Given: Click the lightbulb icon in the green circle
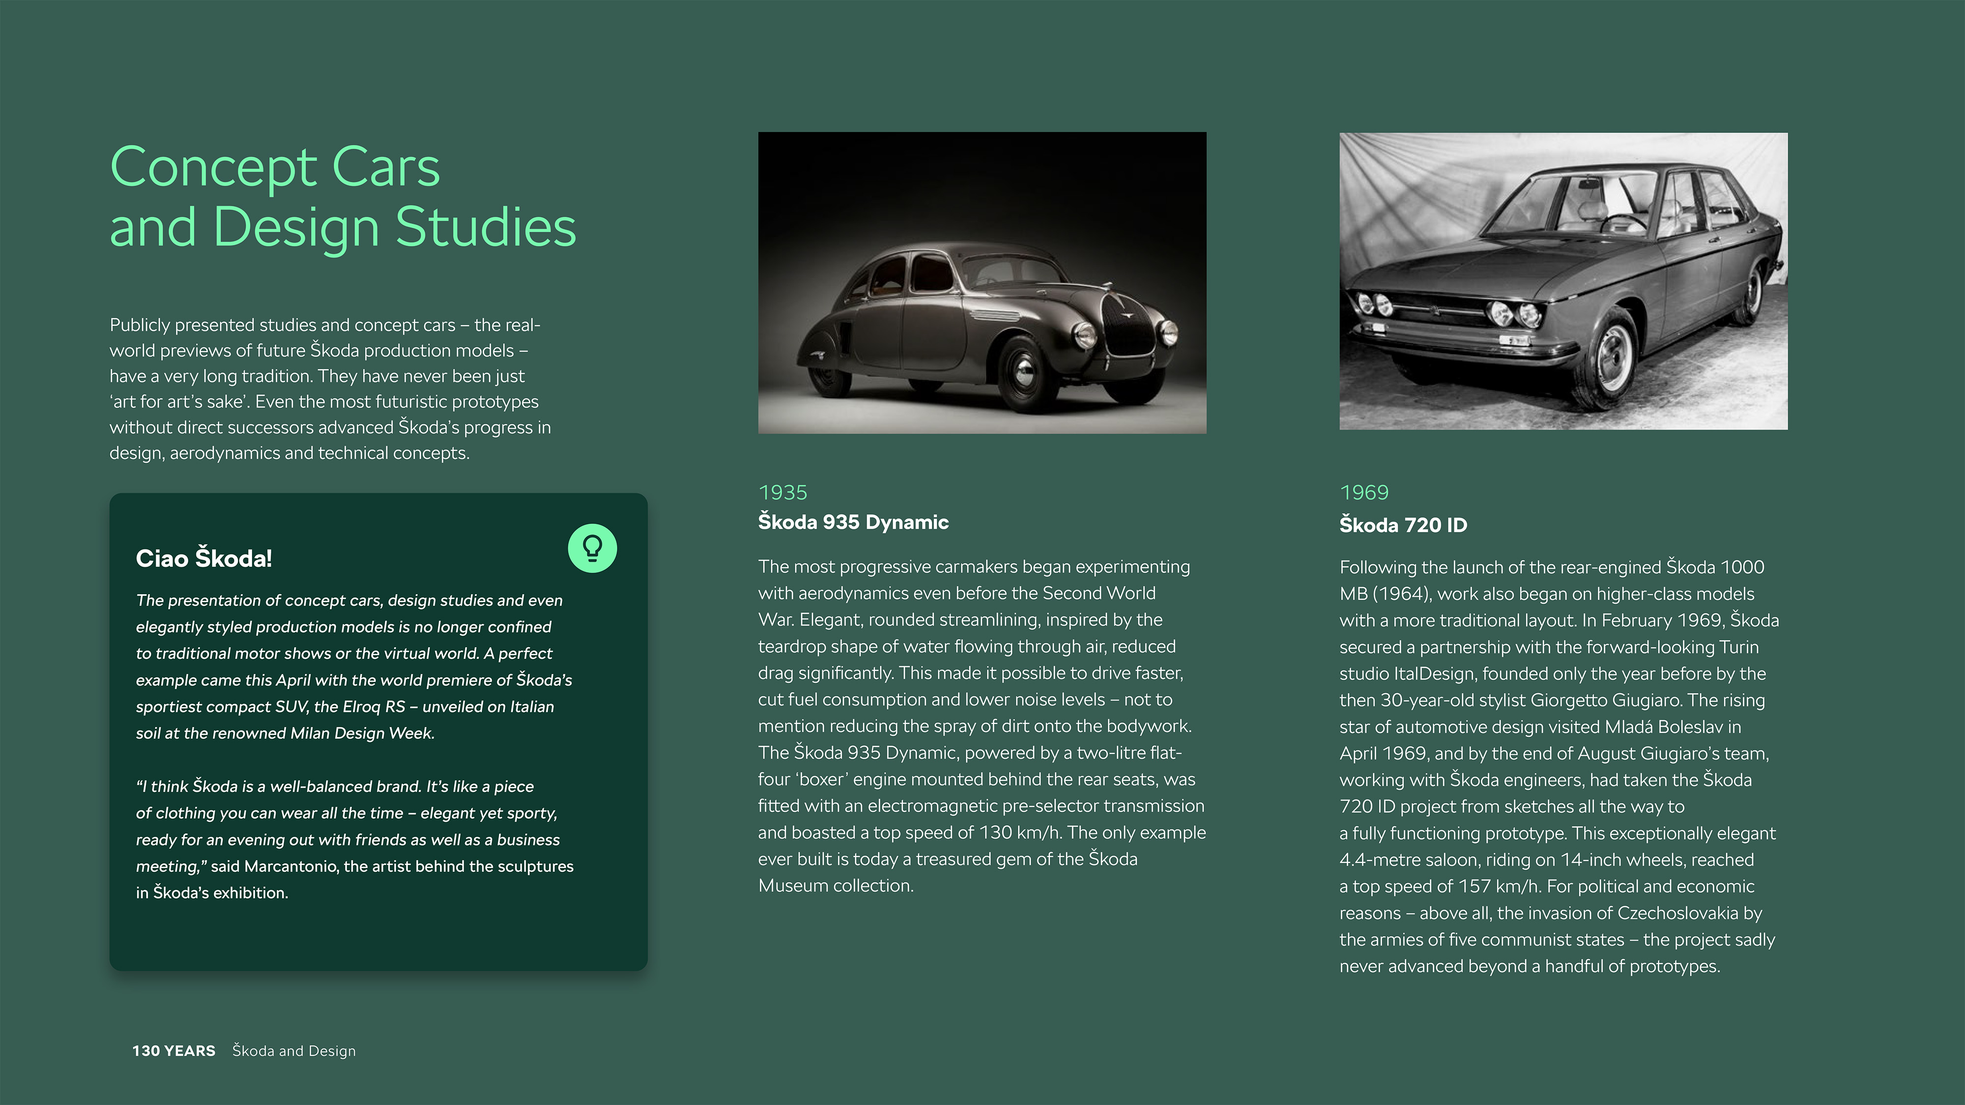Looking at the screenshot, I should [592, 548].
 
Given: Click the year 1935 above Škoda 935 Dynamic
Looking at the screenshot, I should [783, 493].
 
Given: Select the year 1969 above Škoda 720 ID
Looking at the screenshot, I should [1364, 493].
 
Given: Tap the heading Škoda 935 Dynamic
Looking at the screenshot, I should [853, 523].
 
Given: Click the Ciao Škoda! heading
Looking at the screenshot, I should [204, 558].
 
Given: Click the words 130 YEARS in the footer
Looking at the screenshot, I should [174, 1051].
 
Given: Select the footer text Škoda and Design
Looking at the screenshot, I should [294, 1051].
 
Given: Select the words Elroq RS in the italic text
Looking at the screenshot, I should [374, 707].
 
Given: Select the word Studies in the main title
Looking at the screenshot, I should [486, 227].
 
